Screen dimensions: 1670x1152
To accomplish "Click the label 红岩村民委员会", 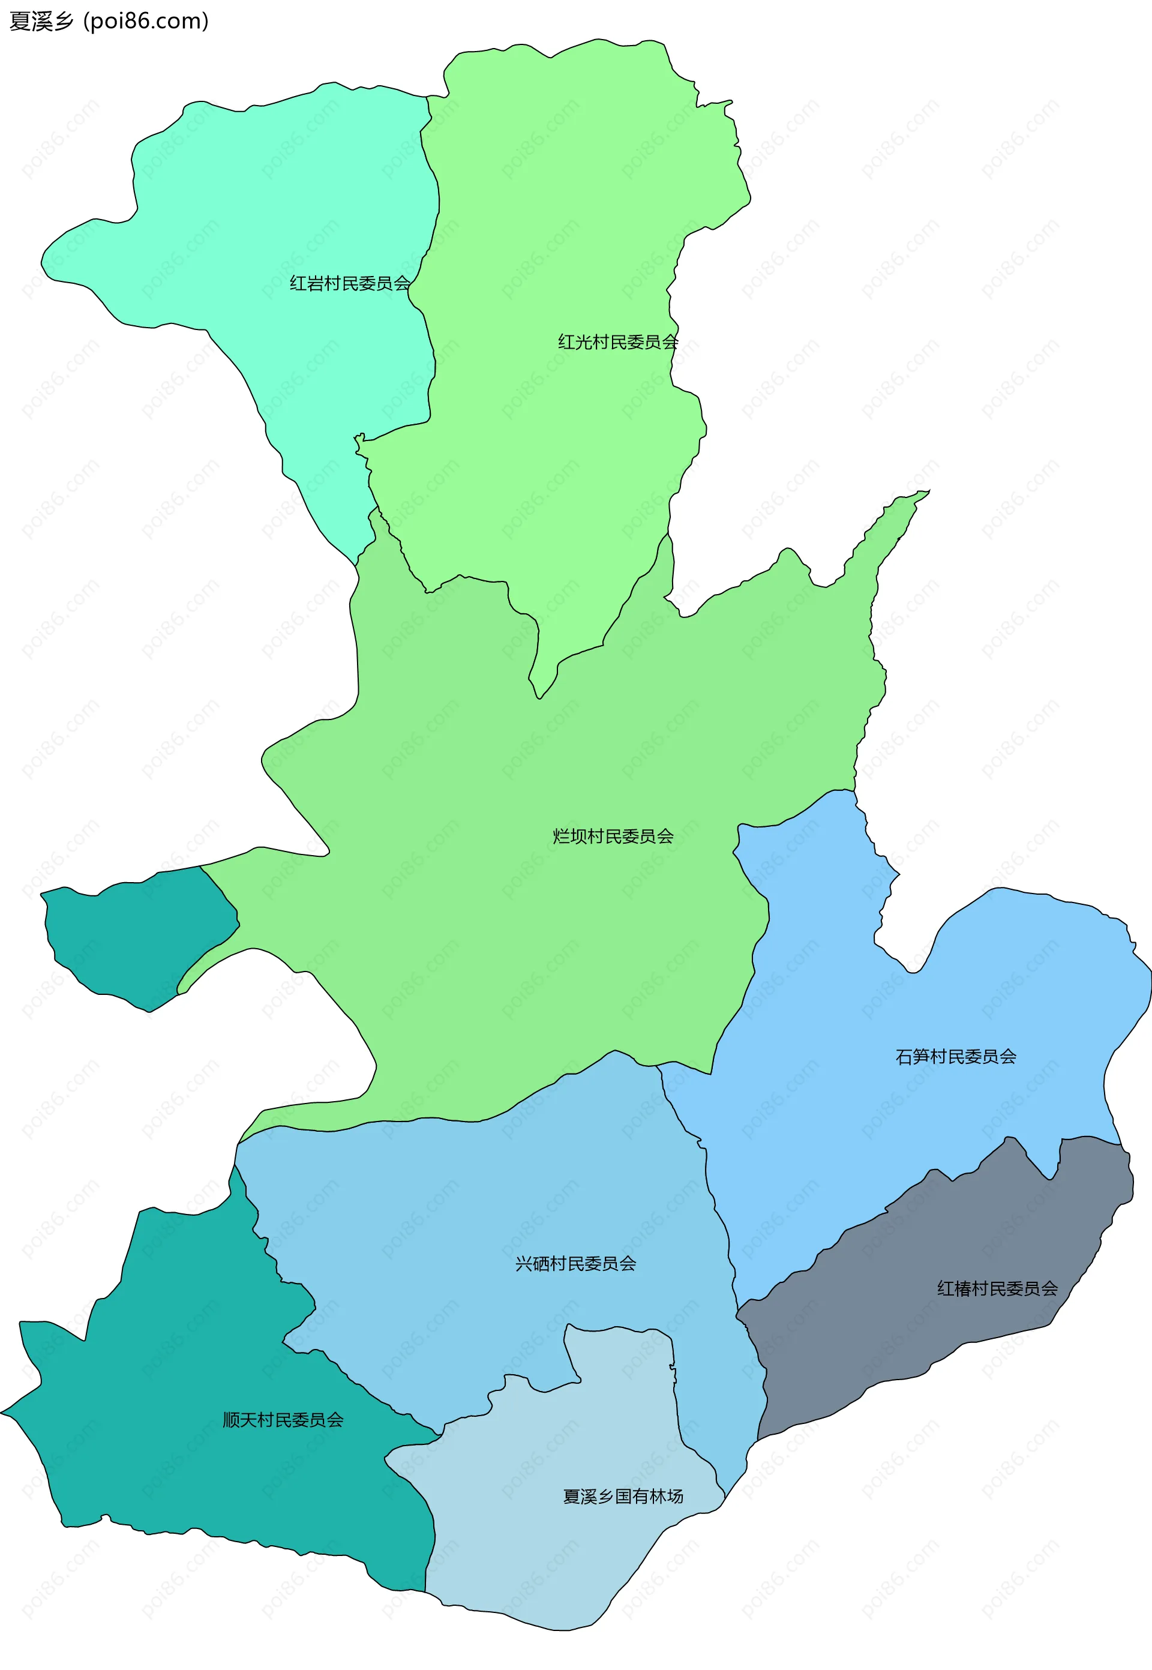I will pyautogui.click(x=350, y=284).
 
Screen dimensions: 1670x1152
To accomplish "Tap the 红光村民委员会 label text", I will pyautogui.click(x=618, y=342).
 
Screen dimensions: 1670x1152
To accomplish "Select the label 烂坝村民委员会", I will pyautogui.click(x=613, y=837).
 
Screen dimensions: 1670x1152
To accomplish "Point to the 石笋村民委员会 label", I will pyautogui.click(x=956, y=1057).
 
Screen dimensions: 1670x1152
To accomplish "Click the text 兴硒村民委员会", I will pyautogui.click(x=575, y=1264).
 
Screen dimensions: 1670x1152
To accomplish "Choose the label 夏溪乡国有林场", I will pyautogui.click(x=623, y=1496).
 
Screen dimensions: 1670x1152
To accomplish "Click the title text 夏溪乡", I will pyautogui.click(x=41, y=21).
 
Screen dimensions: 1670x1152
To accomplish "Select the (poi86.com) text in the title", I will pyautogui.click(x=146, y=21).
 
